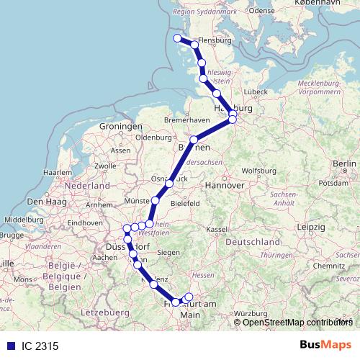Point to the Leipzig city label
tap(310, 228)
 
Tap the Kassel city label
tap(215, 228)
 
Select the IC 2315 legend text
tap(34, 346)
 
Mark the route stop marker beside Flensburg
tap(194, 45)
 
